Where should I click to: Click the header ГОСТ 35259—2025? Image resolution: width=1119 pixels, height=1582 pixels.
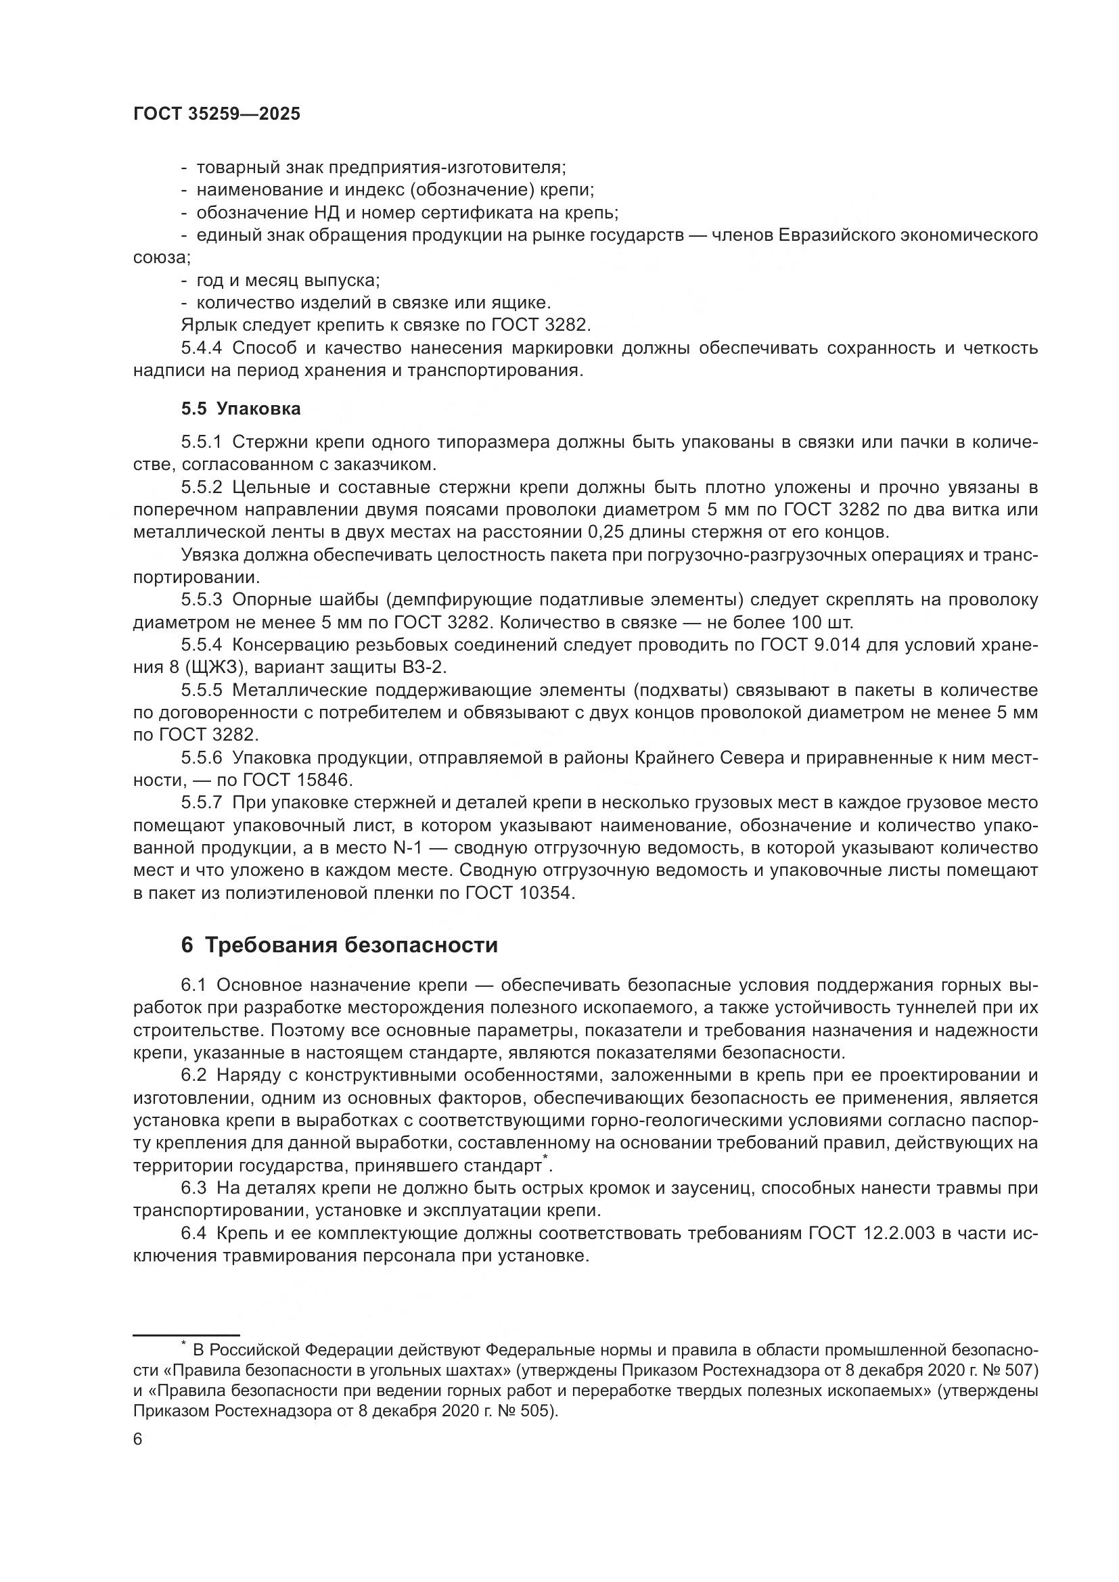(x=216, y=114)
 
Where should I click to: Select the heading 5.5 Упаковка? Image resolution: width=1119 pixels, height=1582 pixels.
(x=240, y=409)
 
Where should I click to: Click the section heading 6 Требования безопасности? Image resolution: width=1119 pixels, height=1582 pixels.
(x=338, y=945)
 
